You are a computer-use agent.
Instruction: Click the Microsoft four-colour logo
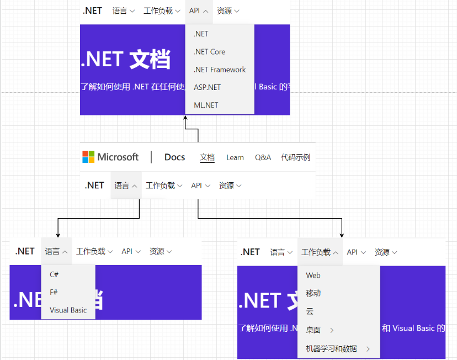click(88, 157)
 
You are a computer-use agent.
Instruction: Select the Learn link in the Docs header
click(235, 157)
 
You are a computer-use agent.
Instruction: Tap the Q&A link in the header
click(263, 157)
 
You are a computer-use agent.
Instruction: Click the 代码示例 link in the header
click(295, 157)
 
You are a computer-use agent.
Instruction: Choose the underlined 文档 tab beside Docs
click(207, 157)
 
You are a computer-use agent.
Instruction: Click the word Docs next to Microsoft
click(174, 157)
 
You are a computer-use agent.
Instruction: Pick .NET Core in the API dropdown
click(209, 52)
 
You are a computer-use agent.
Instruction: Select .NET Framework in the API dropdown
click(220, 70)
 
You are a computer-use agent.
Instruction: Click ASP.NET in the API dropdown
click(207, 87)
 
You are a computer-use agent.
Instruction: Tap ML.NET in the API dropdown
click(206, 105)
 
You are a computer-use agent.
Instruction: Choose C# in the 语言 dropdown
click(54, 274)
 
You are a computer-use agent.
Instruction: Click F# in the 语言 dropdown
click(54, 292)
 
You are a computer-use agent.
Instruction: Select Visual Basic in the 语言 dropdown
click(68, 310)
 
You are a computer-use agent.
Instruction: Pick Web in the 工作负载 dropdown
click(313, 276)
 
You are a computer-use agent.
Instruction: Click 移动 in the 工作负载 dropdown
click(313, 293)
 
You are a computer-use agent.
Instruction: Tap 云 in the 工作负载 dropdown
click(310, 311)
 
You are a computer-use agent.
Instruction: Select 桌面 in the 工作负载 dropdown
click(313, 330)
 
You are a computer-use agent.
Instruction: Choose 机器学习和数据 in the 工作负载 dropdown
click(331, 349)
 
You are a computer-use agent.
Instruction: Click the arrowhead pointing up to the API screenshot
click(185, 118)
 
